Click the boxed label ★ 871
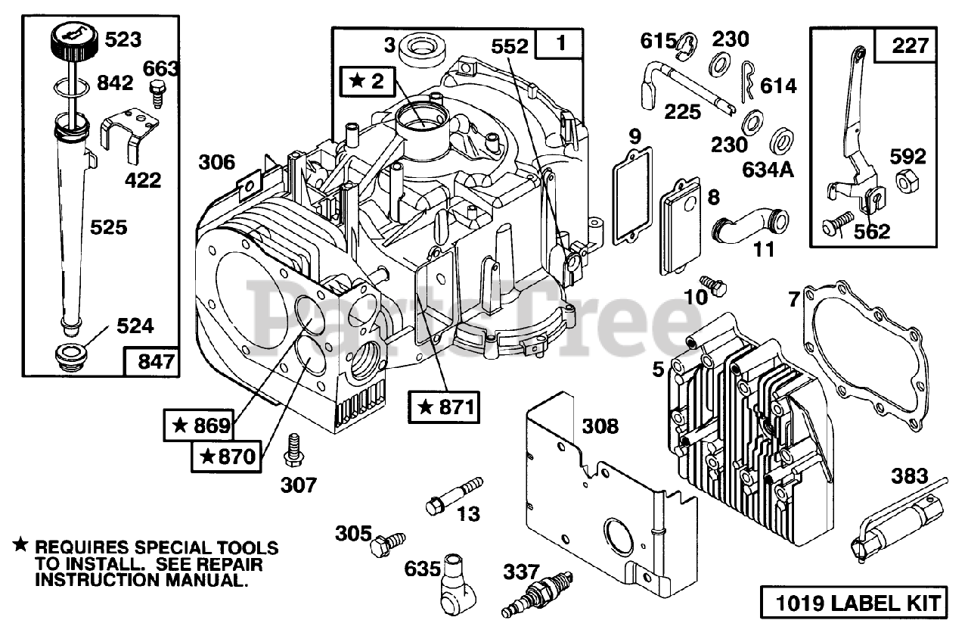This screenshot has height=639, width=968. (x=445, y=407)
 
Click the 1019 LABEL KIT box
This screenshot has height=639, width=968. (x=852, y=603)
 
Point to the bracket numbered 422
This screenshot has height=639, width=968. (x=130, y=132)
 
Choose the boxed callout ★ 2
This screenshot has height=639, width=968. (x=367, y=79)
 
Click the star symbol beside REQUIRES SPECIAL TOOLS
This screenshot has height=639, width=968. (x=20, y=545)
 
